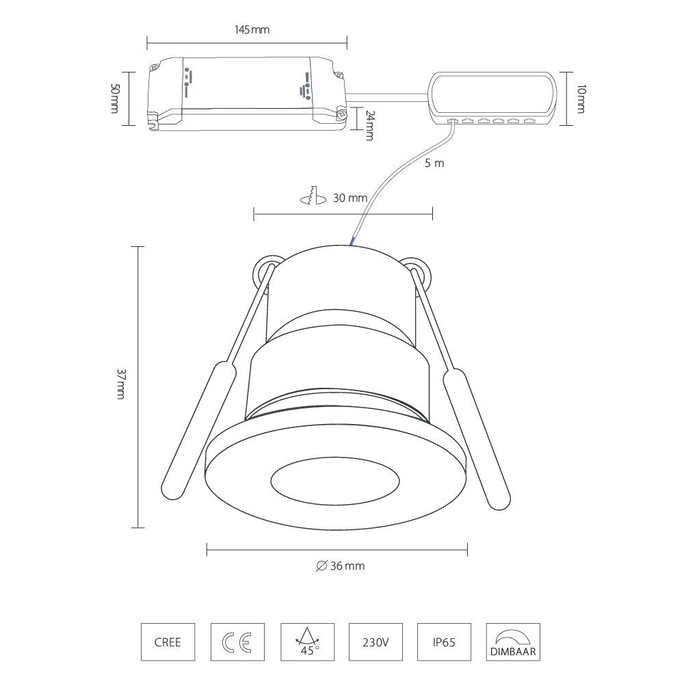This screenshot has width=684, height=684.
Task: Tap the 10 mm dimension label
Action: coord(580,98)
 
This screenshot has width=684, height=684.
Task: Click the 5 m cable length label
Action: coord(434,163)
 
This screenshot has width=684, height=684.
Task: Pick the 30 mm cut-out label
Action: coord(350,198)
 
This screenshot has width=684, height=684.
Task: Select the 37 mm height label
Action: coord(120,384)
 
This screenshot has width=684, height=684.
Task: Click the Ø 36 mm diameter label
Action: coord(340,566)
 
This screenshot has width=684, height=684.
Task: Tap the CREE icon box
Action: coord(168,643)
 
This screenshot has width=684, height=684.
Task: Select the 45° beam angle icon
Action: coord(306,643)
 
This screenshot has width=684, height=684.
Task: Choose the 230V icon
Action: coord(376,643)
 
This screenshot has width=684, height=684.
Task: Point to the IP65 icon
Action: coord(444,643)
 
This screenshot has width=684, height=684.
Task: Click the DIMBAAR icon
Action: coord(513,643)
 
